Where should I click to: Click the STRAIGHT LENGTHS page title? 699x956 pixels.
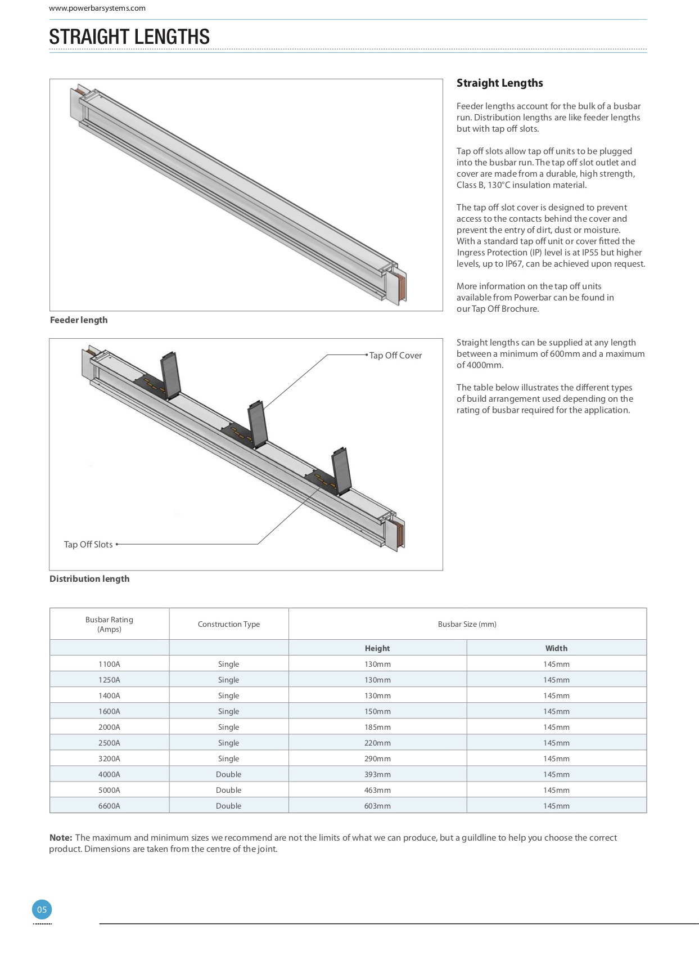129,37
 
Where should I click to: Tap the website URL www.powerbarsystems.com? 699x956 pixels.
97,8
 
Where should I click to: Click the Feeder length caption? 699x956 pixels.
79,320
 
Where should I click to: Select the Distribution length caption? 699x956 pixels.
89,579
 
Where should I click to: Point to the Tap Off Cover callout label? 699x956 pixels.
395,356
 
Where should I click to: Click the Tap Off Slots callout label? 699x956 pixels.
88,545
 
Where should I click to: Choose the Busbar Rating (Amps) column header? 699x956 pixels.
109,624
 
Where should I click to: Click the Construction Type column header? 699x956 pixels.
229,624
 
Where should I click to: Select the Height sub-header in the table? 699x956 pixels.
377,648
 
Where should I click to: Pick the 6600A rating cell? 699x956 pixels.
109,806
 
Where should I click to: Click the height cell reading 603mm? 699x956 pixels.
377,806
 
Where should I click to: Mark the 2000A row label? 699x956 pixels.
109,727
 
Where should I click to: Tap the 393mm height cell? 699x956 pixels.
377,774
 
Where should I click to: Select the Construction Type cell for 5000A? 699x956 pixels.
229,790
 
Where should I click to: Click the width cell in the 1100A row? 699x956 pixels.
556,664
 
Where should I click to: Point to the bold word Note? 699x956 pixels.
61,838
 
